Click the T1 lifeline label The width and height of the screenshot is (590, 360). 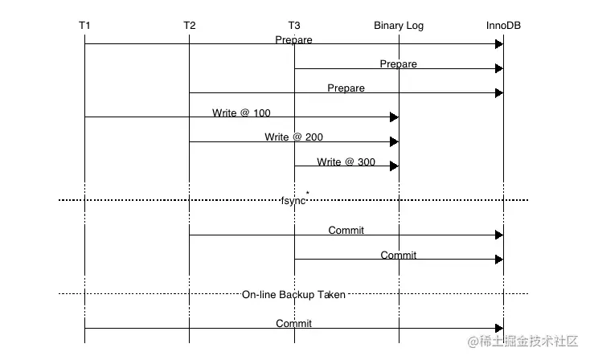click(84, 26)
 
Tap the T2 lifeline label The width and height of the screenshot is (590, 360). click(189, 26)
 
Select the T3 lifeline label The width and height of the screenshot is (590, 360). click(294, 26)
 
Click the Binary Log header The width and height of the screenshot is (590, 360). click(399, 26)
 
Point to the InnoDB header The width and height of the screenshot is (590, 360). click(503, 26)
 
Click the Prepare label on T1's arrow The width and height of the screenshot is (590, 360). click(293, 39)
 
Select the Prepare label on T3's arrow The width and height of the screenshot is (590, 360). click(399, 63)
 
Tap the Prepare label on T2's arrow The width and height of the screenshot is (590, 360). click(346, 88)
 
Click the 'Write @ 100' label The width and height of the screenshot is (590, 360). click(241, 113)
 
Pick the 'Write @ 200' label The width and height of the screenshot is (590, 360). click(293, 137)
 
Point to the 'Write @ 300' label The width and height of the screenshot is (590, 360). click(346, 162)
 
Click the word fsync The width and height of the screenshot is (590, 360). click(293, 200)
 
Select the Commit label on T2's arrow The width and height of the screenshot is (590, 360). click(346, 231)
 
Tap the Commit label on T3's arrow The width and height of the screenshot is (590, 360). click(399, 256)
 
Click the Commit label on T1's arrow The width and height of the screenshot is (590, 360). click(293, 324)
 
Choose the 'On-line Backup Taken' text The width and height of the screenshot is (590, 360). click(293, 295)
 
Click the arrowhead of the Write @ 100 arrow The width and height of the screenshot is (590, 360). click(394, 117)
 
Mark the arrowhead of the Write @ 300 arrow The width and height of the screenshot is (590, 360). click(394, 166)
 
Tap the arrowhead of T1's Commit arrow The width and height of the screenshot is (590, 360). click(499, 328)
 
